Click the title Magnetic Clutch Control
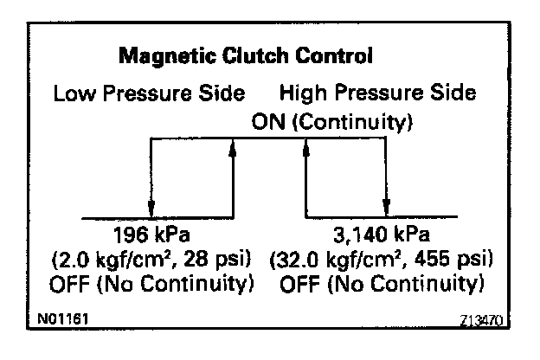pyautogui.click(x=245, y=57)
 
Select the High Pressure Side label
pyautogui.click(x=378, y=93)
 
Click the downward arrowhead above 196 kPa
pyautogui.click(x=151, y=209)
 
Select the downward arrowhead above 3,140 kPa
pyautogui.click(x=388, y=209)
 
